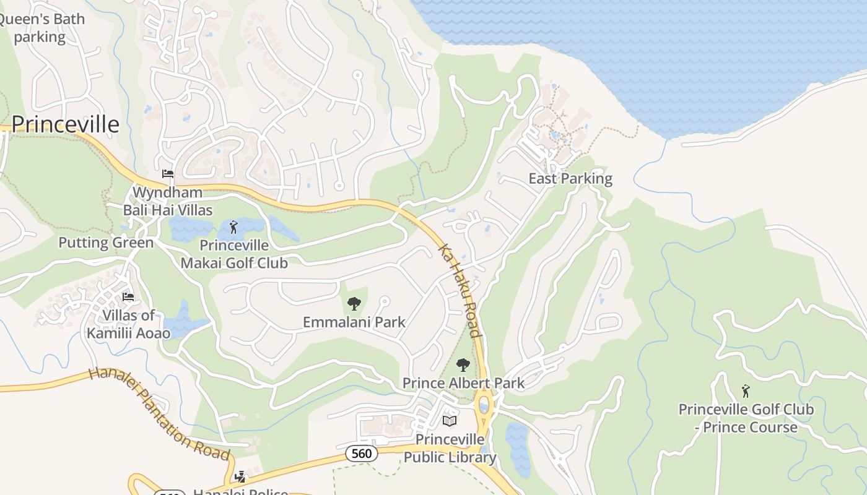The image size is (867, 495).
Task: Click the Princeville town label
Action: point(65,124)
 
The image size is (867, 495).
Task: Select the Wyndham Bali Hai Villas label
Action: point(167,201)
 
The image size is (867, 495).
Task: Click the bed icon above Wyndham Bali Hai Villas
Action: point(167,174)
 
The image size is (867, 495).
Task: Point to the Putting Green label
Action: point(106,243)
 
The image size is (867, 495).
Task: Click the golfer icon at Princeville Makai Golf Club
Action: point(233,227)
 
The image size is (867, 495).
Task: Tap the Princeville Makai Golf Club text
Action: point(234,254)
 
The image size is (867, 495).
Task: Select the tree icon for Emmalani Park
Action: point(354,303)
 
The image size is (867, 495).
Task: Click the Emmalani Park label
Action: point(354,322)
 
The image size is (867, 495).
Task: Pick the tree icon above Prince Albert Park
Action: point(463,364)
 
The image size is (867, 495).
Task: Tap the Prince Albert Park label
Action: point(463,383)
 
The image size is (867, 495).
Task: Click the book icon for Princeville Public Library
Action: point(450,421)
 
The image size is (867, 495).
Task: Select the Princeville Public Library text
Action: point(450,449)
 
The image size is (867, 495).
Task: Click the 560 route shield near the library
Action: point(361,454)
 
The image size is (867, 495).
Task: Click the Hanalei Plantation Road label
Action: point(160,413)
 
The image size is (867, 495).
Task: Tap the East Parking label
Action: point(570,179)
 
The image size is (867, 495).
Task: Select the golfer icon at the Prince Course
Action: point(746,391)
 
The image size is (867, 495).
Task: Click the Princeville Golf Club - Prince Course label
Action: point(746,418)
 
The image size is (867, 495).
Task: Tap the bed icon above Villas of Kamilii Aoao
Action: point(128,297)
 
